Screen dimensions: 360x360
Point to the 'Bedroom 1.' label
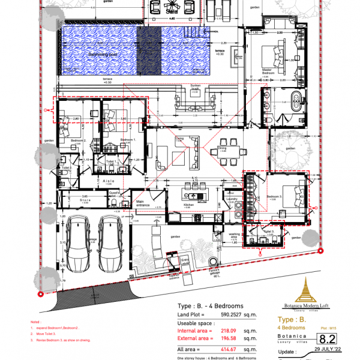[127, 140]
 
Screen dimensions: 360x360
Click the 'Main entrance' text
[143, 203]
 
